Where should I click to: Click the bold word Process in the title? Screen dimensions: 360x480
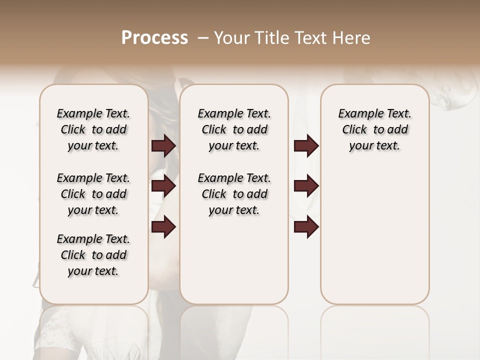(154, 38)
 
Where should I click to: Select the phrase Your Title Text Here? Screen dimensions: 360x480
(292, 38)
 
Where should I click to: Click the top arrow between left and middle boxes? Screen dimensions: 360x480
(163, 145)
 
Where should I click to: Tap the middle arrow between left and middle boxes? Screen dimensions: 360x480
(163, 186)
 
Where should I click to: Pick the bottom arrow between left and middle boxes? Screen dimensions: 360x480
(163, 227)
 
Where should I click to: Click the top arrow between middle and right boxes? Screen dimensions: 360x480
(306, 145)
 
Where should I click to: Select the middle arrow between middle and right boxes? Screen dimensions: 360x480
(306, 186)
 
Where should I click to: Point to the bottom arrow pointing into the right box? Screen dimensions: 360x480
(306, 227)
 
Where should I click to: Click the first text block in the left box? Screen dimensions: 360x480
(93, 129)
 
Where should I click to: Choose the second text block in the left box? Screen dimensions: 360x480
(93, 194)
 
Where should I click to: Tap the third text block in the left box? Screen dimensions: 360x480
(93, 255)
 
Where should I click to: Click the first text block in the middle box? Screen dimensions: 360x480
(234, 129)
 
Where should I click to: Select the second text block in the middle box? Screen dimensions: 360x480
(234, 194)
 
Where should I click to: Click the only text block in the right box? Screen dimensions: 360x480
(374, 129)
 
